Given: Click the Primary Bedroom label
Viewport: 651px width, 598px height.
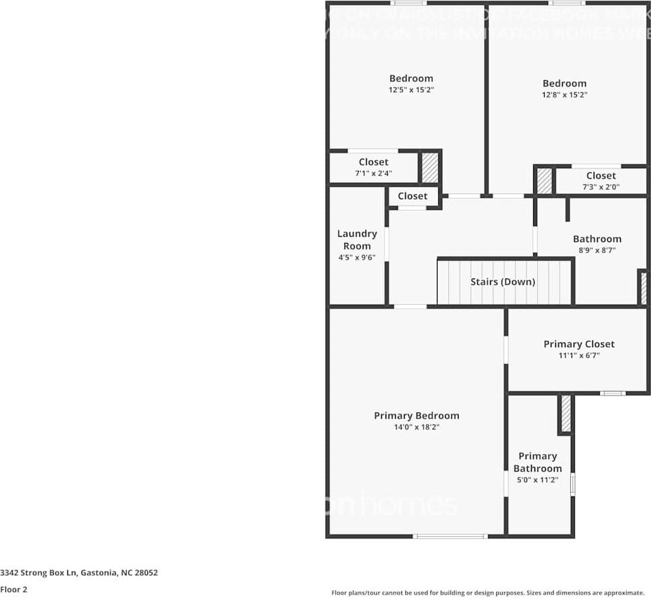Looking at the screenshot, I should [x=416, y=416].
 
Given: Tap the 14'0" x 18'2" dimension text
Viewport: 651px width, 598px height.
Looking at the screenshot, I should [x=416, y=427].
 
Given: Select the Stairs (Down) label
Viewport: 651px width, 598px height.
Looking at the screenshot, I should [x=502, y=282].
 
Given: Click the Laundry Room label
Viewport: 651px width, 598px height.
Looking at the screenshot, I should [x=357, y=239].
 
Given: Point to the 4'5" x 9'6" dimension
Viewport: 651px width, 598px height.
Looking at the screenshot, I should [x=357, y=258].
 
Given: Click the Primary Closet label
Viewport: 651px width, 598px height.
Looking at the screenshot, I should [x=579, y=344].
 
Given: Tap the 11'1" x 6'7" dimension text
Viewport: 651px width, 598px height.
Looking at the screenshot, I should [x=579, y=355].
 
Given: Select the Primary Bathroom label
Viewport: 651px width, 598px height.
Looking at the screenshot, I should [x=537, y=462].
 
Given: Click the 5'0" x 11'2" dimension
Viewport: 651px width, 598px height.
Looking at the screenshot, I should [x=537, y=480].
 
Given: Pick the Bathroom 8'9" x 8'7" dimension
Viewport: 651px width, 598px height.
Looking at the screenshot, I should [x=596, y=250].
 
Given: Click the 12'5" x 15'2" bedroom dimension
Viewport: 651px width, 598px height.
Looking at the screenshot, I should [x=411, y=89].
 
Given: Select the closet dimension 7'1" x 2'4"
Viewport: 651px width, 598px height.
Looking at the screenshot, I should [x=373, y=174].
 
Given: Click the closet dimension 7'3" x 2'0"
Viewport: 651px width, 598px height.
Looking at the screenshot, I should [x=601, y=187].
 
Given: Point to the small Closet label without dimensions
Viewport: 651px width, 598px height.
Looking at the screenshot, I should [x=412, y=196].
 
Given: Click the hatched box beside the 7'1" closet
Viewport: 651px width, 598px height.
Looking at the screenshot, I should [x=430, y=167].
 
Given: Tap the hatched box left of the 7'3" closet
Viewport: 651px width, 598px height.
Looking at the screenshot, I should [x=544, y=181].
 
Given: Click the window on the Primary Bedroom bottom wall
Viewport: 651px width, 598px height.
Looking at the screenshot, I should [x=449, y=536].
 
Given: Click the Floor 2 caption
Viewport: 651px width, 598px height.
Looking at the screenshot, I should [x=13, y=589].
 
